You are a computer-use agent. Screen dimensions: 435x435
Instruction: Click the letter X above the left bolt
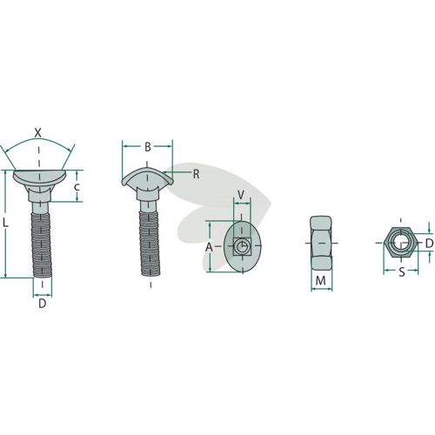click(x=38, y=133)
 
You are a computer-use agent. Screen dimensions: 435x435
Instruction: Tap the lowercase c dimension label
click(x=77, y=187)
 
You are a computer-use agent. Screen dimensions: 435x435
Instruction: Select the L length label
click(x=5, y=223)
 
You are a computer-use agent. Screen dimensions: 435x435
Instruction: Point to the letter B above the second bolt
click(x=148, y=147)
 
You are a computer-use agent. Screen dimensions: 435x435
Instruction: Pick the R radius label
click(x=197, y=174)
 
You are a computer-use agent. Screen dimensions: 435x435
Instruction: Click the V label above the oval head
click(x=241, y=195)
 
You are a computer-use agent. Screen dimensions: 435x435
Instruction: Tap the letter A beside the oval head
click(x=209, y=248)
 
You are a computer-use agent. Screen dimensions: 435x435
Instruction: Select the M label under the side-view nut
click(x=320, y=280)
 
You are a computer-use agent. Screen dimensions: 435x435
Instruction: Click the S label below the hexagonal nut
click(x=402, y=272)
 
